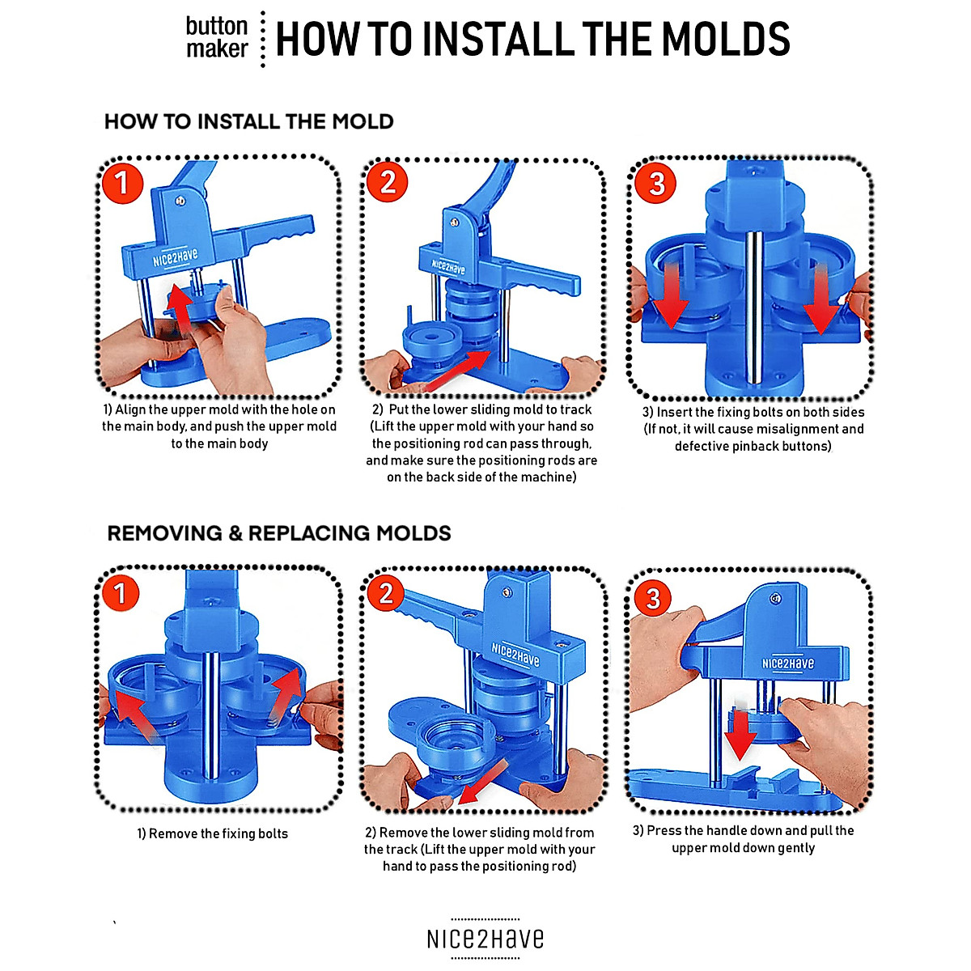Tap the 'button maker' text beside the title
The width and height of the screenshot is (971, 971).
pos(217,37)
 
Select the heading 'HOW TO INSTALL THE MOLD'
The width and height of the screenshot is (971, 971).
pos(249,121)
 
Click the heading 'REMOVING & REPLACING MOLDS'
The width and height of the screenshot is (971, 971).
pos(278,533)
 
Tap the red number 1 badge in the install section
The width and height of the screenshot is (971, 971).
pos(122,183)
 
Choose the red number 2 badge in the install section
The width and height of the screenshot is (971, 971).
pos(387,182)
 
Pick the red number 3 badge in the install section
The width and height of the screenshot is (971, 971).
pos(655,183)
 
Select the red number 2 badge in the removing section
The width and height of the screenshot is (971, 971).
pos(385,593)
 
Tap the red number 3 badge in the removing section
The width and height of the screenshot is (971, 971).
pos(653,599)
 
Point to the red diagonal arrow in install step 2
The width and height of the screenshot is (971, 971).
pos(456,371)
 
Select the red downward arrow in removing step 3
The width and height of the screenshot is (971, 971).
pos(740,736)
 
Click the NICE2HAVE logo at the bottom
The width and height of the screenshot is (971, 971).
pos(485,939)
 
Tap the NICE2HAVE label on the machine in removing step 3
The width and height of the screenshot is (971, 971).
pos(787,664)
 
